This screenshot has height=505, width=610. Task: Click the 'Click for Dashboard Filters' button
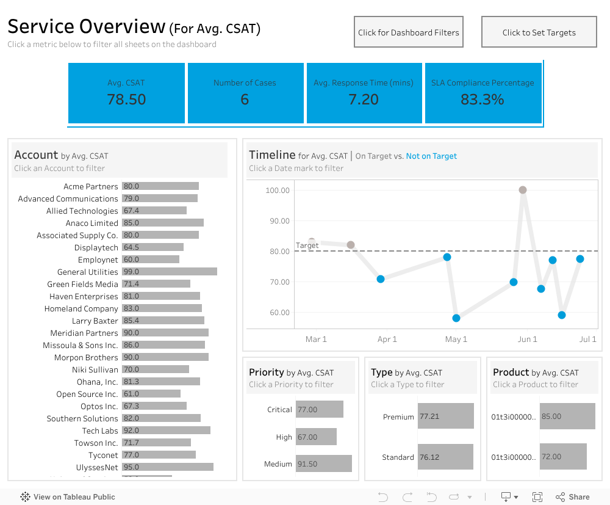[408, 32]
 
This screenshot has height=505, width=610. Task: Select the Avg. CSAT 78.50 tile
[126, 93]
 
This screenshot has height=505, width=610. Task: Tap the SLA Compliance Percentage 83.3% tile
[483, 93]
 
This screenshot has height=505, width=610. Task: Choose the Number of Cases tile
[245, 93]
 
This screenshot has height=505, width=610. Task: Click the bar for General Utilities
[169, 272]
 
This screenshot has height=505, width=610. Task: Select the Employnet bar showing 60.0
[150, 260]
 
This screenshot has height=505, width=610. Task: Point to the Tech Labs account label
[100, 431]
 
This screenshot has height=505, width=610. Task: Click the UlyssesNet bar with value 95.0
[167, 467]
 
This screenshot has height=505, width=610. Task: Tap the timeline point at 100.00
[523, 190]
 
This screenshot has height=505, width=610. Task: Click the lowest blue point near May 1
[456, 318]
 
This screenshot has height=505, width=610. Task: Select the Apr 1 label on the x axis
[387, 340]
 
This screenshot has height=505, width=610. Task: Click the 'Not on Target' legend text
[431, 156]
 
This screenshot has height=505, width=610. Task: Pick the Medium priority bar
[323, 464]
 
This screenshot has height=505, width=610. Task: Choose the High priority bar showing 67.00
[316, 437]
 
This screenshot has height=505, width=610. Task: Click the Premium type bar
[445, 416]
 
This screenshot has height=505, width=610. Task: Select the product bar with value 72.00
[563, 456]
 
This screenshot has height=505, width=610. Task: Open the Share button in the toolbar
[573, 497]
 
